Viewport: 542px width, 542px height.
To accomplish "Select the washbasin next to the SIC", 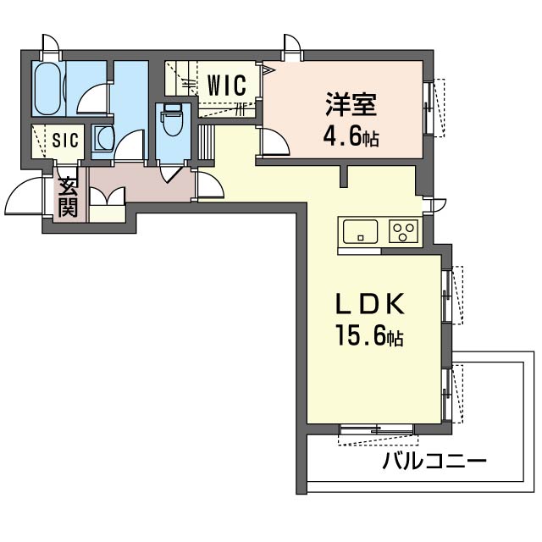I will [102, 139].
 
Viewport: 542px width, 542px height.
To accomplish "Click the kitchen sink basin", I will [361, 230].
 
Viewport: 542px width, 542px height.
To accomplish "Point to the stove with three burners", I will [403, 230].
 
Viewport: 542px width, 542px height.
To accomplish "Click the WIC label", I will [226, 86].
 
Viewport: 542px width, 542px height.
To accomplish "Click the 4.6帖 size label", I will [349, 136].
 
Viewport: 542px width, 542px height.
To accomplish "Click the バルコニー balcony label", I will [434, 462].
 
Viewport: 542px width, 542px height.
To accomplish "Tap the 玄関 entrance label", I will [68, 196].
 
